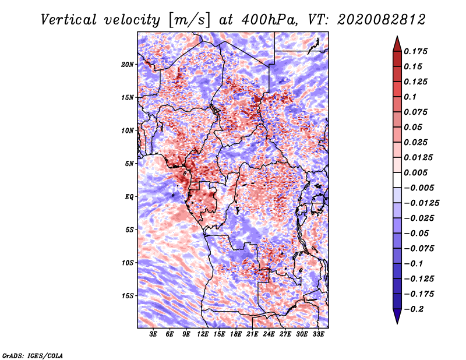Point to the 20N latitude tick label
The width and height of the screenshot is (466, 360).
[x=128, y=64]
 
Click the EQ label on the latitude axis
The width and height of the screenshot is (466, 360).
[x=129, y=197]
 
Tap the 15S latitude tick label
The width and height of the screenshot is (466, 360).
[x=128, y=296]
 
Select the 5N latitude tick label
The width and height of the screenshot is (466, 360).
[x=129, y=164]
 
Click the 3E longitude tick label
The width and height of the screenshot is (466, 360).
[x=154, y=335]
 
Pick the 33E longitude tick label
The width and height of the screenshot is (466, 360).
[x=319, y=335]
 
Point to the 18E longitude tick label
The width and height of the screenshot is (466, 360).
[x=236, y=335]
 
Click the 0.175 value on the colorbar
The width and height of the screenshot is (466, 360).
[x=416, y=51]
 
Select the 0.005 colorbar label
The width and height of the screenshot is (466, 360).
[x=416, y=172]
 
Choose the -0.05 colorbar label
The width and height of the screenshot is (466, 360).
[x=416, y=233]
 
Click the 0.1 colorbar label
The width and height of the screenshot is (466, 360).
[x=411, y=97]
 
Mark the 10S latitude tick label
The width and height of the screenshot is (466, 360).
[x=128, y=263]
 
